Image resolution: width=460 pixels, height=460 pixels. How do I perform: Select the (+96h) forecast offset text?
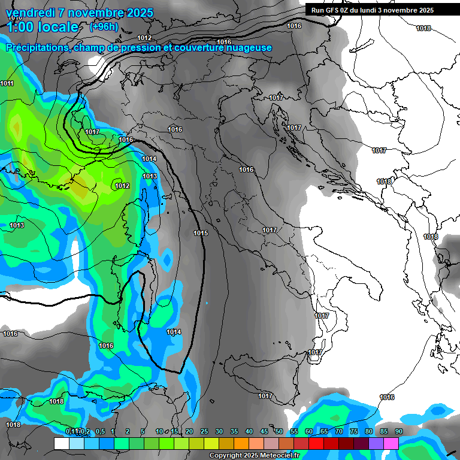tap(104, 27)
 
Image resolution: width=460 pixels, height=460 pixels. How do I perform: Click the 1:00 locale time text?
tap(42, 27)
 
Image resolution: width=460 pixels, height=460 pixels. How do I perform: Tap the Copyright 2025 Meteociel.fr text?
tap(254, 455)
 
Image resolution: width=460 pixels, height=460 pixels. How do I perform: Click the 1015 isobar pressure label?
tap(201, 232)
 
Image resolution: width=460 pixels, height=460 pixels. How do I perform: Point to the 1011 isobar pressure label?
tap(7, 83)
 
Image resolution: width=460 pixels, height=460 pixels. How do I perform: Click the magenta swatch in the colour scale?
tap(391, 443)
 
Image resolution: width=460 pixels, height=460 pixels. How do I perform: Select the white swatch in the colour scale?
tap(61, 443)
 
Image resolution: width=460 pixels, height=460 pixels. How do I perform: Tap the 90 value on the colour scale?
tap(399, 431)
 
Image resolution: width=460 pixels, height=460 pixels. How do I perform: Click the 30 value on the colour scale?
tap(219, 431)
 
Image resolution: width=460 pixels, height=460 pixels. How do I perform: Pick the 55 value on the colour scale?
tap(294, 431)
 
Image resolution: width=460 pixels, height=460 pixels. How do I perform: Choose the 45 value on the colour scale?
tap(264, 431)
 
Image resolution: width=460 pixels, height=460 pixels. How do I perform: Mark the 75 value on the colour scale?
tap(354, 431)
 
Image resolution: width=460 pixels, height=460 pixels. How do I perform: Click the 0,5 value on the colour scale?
tap(100, 431)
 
